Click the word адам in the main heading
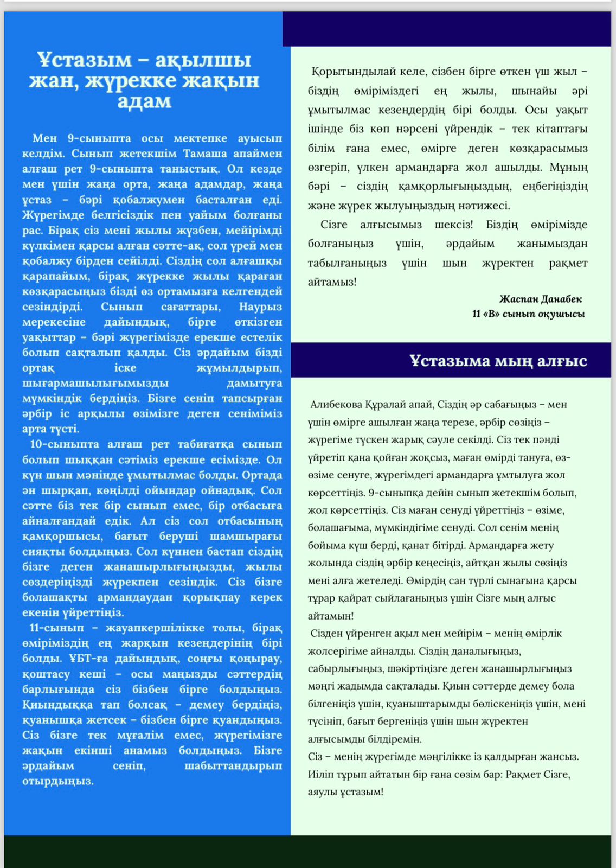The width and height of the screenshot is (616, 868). tap(144, 101)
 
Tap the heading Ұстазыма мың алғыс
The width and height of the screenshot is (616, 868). tap(498, 361)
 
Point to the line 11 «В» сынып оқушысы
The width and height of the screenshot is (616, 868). tap(528, 314)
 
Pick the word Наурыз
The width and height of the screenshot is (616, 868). tap(260, 307)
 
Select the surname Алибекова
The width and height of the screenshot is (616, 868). tap(336, 405)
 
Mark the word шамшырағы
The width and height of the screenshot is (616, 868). tap(247, 536)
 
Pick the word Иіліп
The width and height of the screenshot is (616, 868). tap(320, 774)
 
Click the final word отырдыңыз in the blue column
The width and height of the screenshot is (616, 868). tap(58, 781)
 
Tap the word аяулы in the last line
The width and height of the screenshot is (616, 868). tap(323, 792)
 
